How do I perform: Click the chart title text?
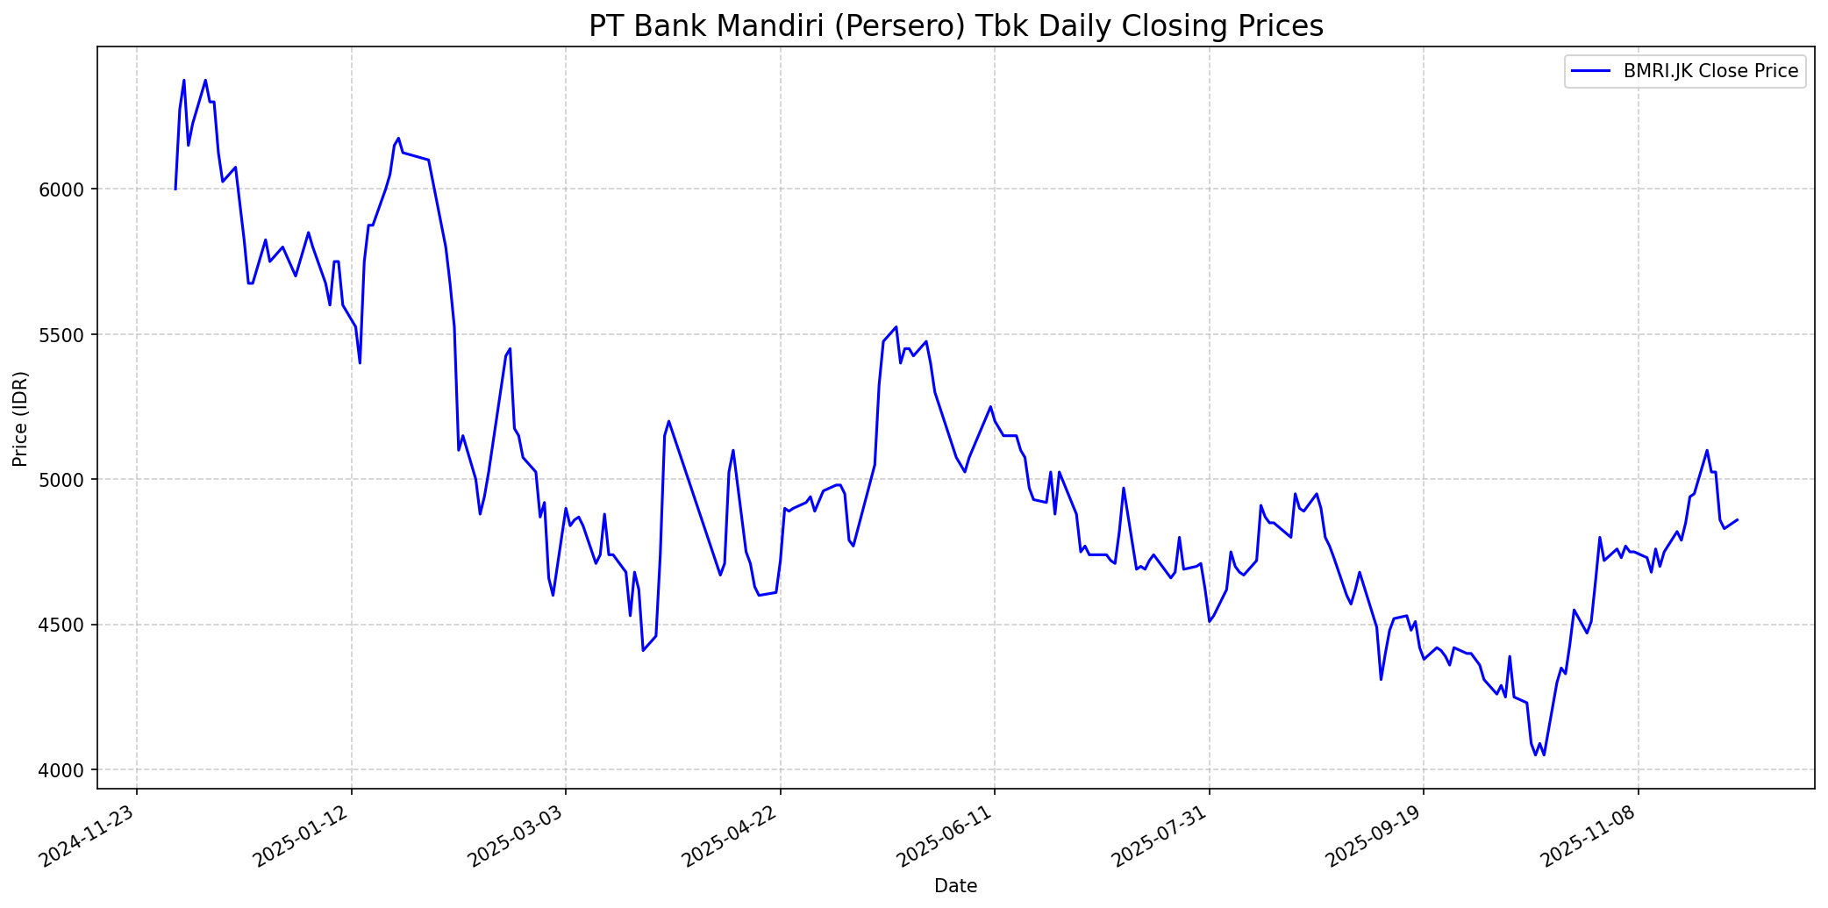(955, 26)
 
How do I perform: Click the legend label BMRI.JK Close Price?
(1710, 72)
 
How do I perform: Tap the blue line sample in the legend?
(1590, 72)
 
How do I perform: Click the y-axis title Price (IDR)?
(21, 419)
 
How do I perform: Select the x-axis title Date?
(955, 886)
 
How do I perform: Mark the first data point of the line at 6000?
(175, 189)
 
